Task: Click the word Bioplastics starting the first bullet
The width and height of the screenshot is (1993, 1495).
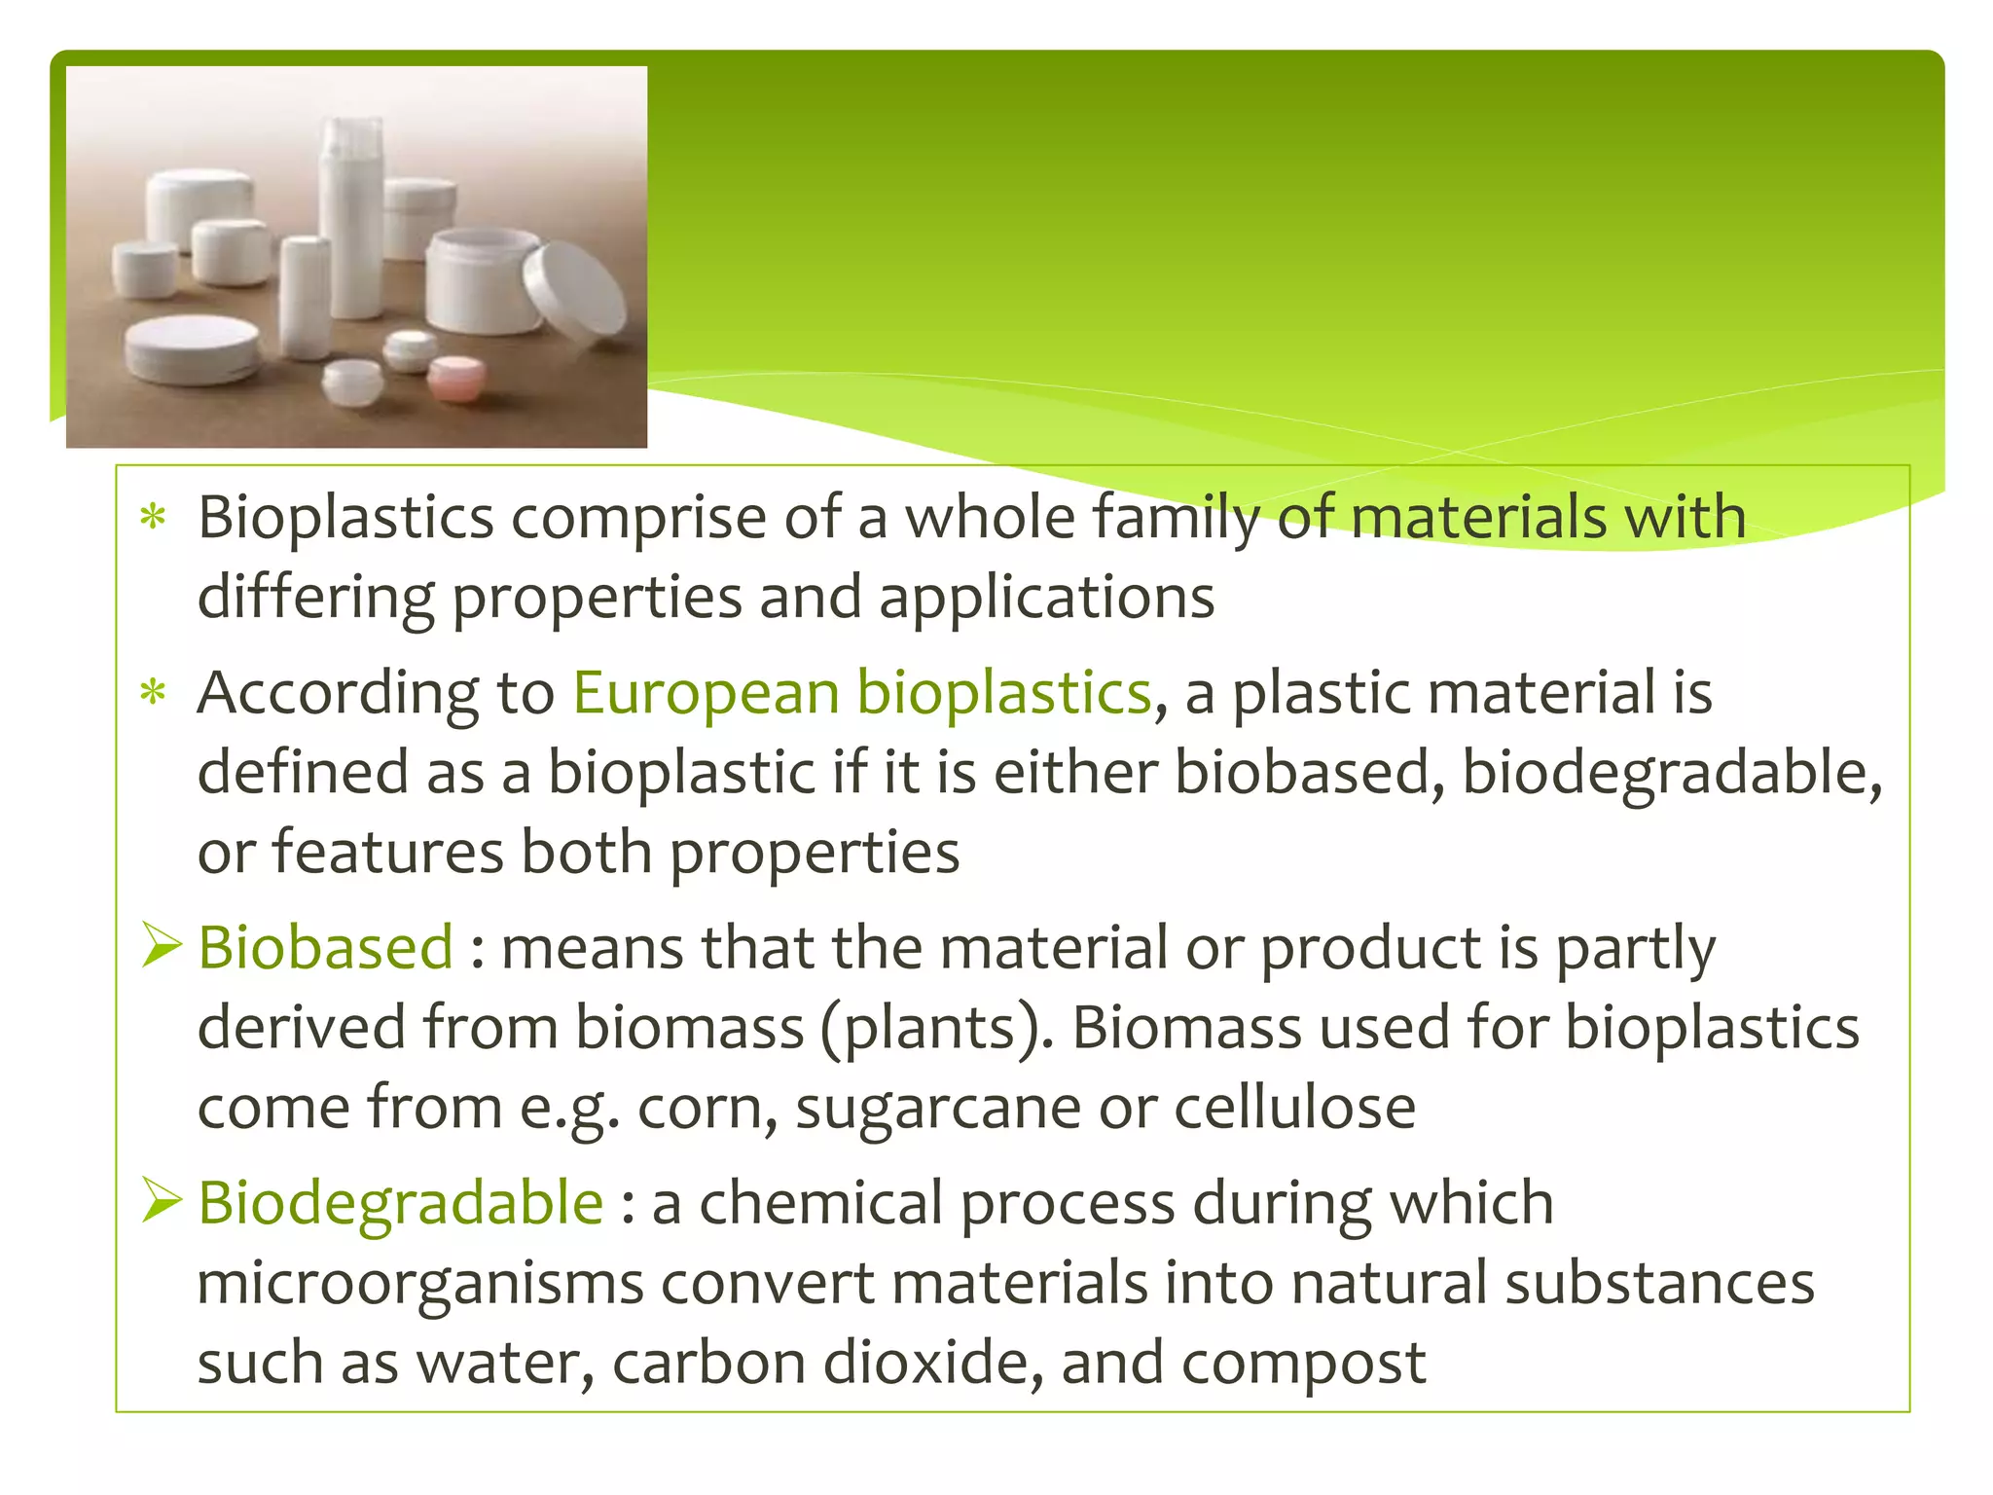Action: [345, 517]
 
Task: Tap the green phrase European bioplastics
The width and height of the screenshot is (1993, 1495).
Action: [861, 693]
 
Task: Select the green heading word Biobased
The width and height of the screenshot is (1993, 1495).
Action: [325, 947]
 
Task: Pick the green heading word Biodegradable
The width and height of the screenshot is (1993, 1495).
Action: [400, 1202]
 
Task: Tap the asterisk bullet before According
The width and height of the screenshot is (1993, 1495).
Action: [154, 694]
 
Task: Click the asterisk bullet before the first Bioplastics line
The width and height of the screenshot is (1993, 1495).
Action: [154, 518]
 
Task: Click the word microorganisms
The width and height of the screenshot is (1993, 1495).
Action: [420, 1283]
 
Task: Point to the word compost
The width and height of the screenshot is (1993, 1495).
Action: [1303, 1363]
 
